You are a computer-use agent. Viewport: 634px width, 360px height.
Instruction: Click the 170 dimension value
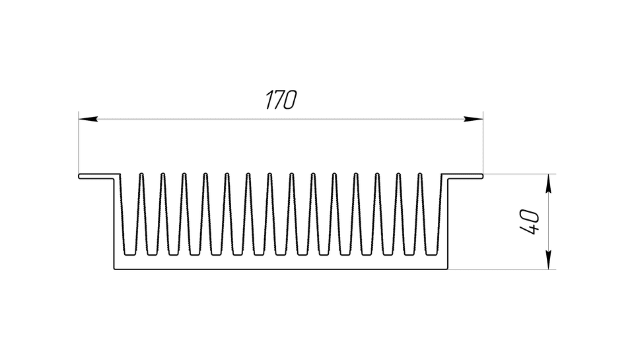tap(281, 100)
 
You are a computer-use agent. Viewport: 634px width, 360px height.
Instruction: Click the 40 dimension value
tap(529, 222)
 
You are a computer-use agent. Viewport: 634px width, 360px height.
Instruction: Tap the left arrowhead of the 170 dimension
tap(88, 119)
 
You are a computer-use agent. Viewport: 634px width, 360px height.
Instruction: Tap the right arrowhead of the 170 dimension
tap(474, 119)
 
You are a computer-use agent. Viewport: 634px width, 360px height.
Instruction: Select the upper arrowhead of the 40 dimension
tap(548, 184)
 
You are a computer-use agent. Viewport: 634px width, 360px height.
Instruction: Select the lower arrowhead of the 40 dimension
tap(548, 260)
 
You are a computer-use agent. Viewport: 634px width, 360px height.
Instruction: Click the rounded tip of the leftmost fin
tap(141, 174)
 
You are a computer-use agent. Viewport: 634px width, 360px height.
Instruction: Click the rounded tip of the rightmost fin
tap(420, 174)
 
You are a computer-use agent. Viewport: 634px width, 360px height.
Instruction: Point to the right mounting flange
tap(462, 176)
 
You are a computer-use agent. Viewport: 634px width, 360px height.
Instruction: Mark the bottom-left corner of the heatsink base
tap(114, 269)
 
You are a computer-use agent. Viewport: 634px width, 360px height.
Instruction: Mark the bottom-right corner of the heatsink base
tap(448, 269)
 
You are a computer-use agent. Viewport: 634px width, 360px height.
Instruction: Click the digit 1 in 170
tap(269, 100)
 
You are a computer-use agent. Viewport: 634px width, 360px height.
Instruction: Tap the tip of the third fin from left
tap(184, 174)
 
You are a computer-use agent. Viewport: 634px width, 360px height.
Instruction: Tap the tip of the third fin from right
tap(377, 174)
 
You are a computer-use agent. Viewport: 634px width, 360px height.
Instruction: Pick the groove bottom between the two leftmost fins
tap(152, 254)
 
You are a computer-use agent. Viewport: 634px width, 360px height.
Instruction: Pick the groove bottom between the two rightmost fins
tap(409, 254)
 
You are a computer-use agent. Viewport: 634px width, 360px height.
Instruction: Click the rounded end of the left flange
tap(79, 176)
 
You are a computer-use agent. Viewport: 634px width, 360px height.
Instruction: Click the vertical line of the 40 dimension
tap(548, 222)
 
